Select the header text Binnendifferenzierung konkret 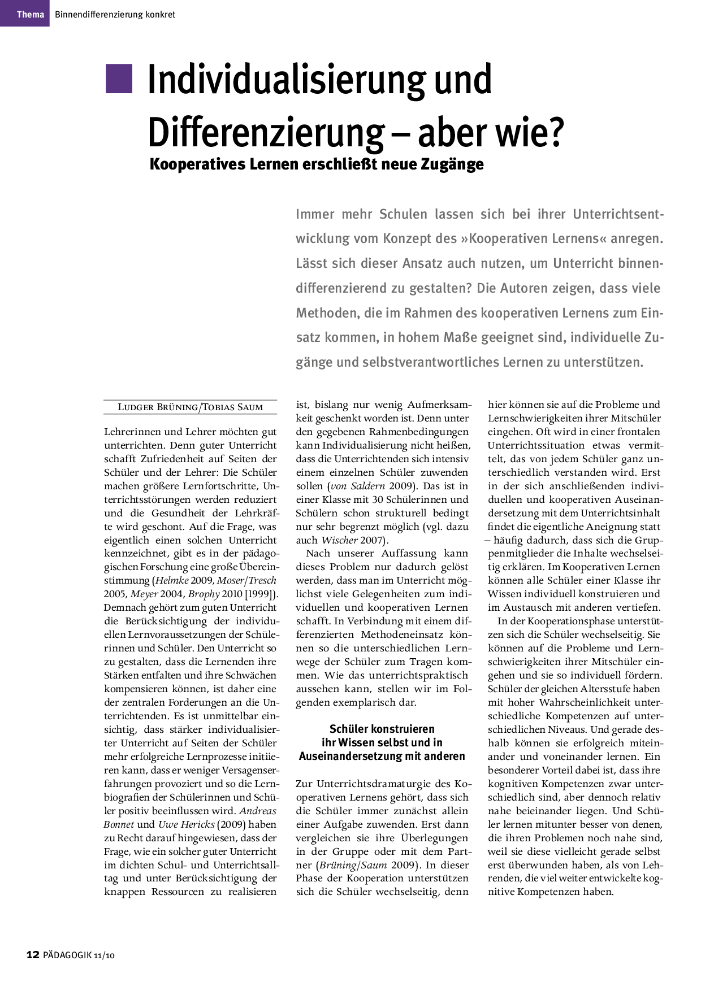[115, 14]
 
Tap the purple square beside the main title [119, 79]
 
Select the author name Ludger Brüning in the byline [158, 407]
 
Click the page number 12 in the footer [33, 955]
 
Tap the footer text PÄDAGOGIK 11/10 [79, 955]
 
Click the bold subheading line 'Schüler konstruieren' [382, 729]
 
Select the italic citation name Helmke [172, 580]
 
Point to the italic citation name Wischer [339, 540]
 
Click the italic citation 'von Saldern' [357, 486]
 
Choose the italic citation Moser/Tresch [246, 580]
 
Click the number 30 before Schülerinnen [379, 499]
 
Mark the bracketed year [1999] [261, 594]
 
